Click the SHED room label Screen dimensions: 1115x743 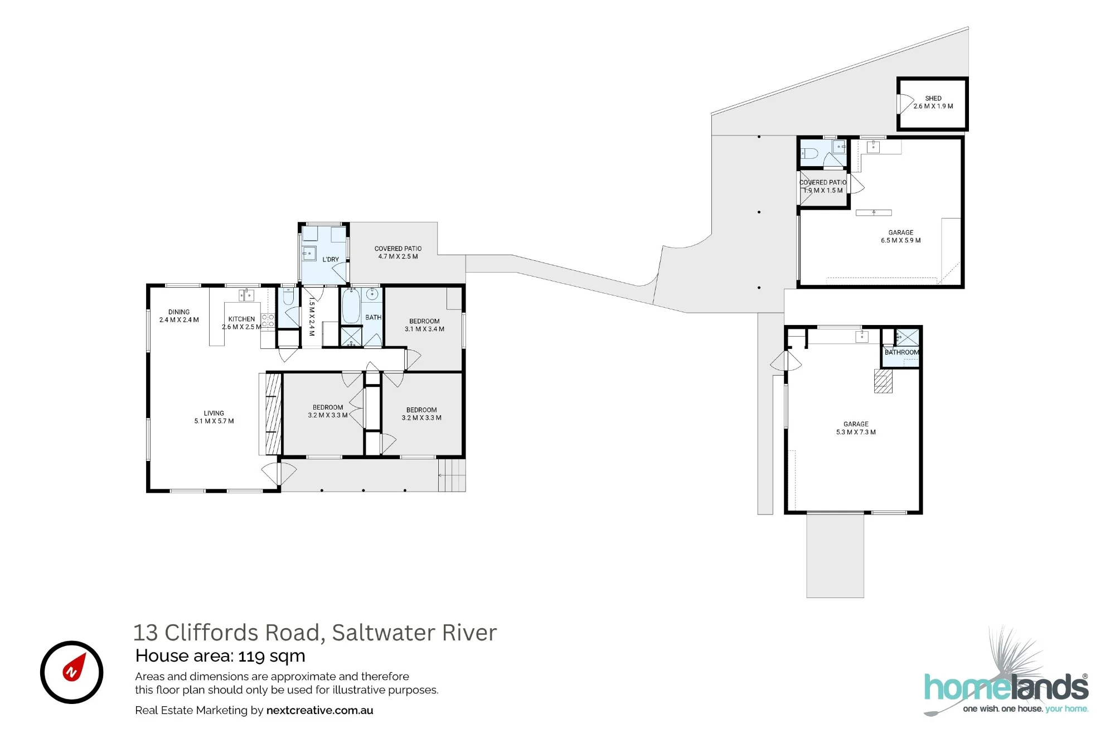click(933, 98)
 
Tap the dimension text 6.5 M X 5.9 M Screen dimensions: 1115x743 click(901, 241)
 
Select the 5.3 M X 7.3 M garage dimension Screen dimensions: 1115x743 click(856, 433)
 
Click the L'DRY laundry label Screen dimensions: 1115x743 click(331, 259)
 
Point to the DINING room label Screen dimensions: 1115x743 click(179, 312)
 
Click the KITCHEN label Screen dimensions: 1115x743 click(241, 319)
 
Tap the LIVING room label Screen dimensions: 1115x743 click(214, 413)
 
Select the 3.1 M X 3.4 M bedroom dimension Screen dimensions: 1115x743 click(425, 329)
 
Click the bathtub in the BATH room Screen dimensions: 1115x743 click(351, 306)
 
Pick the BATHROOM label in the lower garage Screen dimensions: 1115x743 click(901, 352)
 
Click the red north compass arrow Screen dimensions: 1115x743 click(74, 667)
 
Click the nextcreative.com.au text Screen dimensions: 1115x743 click(320, 711)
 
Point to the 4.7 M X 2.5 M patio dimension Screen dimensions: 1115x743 click(398, 257)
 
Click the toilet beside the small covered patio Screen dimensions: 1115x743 click(810, 153)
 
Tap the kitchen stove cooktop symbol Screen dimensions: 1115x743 click(268, 320)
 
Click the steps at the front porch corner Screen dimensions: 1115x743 click(452, 475)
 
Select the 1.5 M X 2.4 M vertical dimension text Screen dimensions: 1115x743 click(312, 316)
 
